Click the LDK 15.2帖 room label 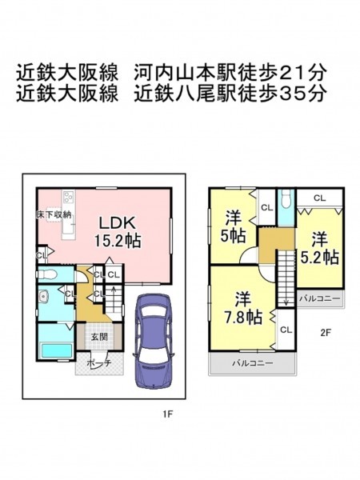point(118,232)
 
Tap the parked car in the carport point(153,341)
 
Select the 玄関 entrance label point(99,337)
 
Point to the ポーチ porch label point(98,363)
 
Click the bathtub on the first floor point(57,350)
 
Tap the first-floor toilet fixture point(47,274)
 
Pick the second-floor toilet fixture point(286,199)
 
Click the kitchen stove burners point(69,197)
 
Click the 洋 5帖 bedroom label point(234,226)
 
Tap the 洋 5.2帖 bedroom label point(319,249)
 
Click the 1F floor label point(168,414)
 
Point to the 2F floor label point(326,333)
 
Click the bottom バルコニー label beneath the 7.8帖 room point(253,363)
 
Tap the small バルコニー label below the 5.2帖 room point(320,298)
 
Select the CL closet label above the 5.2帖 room point(319,198)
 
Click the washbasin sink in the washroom point(44,296)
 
